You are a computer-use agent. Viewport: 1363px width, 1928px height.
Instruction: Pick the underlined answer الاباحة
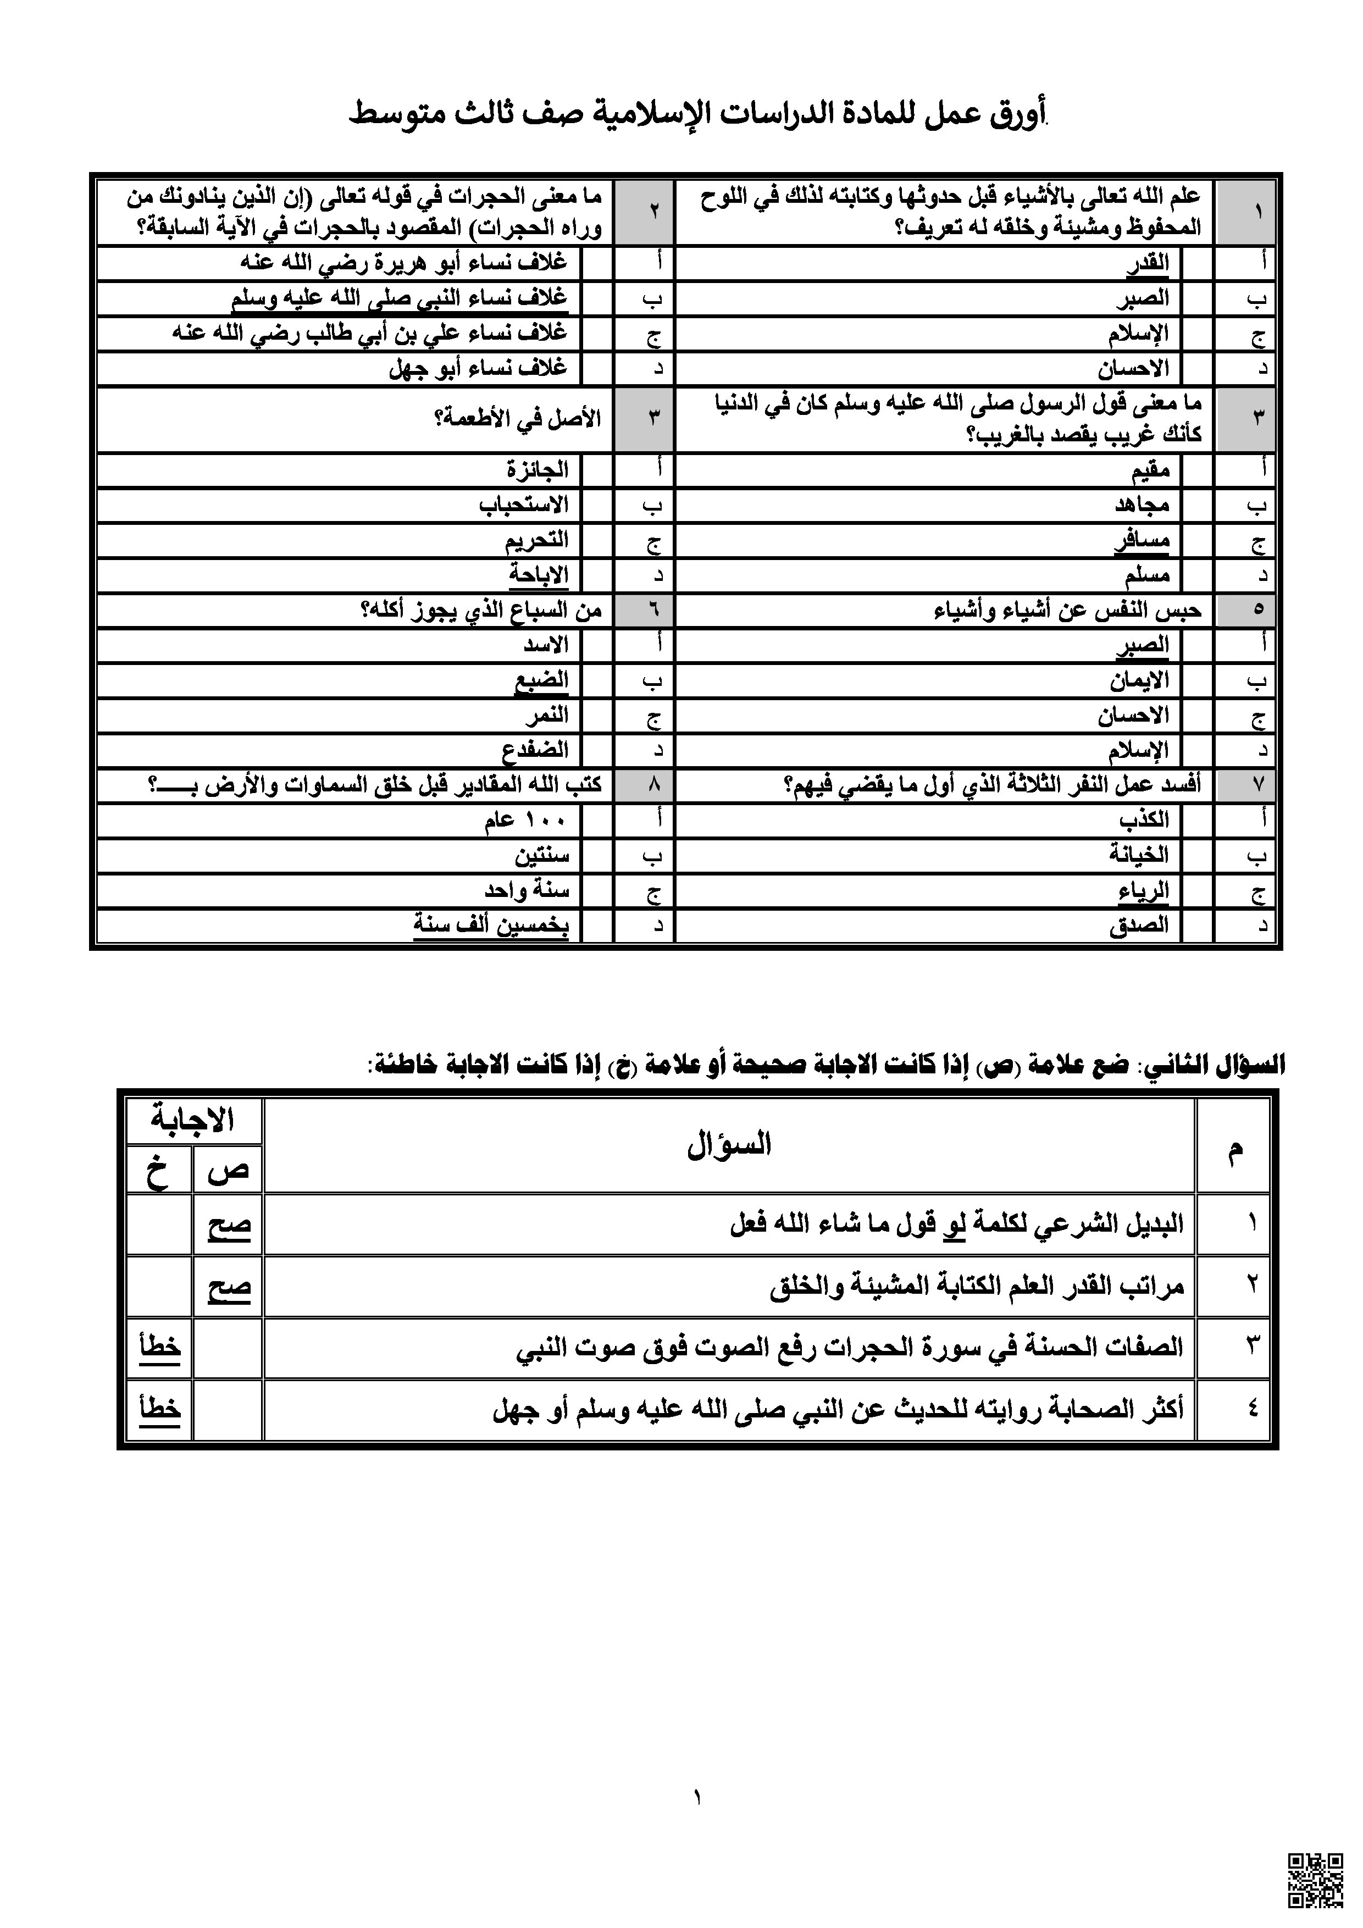point(538,575)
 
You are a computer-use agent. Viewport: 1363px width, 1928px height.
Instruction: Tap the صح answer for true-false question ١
point(229,1225)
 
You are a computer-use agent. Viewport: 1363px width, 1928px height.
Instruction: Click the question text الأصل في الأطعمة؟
point(517,419)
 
